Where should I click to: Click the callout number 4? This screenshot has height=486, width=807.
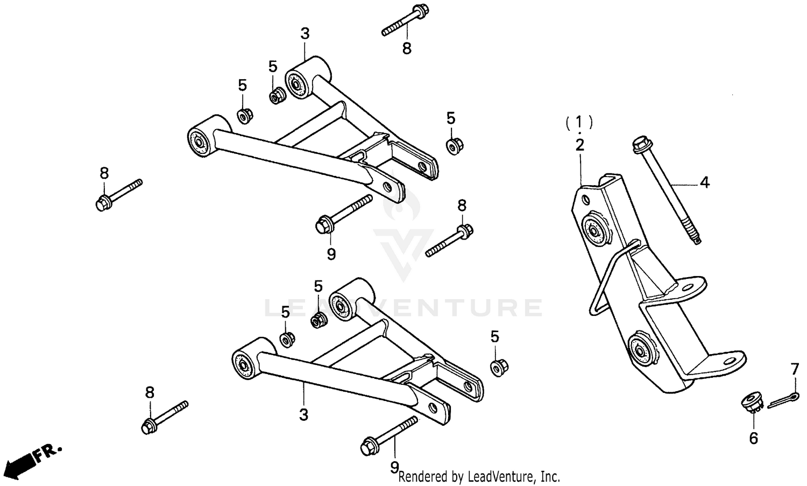tap(704, 183)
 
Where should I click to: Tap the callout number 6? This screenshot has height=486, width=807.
tap(753, 439)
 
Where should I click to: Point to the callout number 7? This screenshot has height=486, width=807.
tap(795, 370)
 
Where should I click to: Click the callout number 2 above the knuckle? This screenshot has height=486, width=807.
tap(579, 145)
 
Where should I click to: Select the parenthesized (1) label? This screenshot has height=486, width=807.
tap(579, 122)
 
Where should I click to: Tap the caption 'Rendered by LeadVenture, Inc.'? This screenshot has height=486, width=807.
tap(479, 476)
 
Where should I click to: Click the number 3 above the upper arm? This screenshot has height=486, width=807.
tap(305, 34)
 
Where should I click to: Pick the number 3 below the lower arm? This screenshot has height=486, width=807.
tap(303, 415)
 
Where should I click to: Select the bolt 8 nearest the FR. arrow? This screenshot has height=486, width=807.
tap(164, 415)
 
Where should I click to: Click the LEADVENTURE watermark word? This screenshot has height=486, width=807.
tap(403, 308)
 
